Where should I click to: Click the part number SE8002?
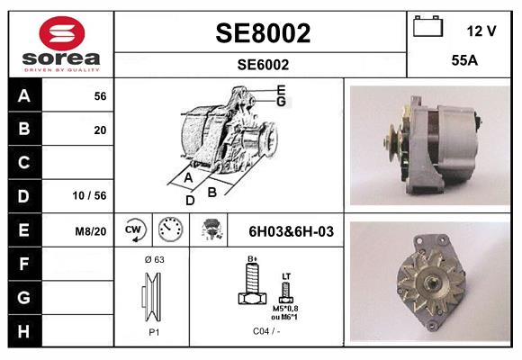[x=262, y=33]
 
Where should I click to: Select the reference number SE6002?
[x=262, y=64]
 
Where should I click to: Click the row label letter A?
[x=23, y=96]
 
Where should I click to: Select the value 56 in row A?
[x=100, y=96]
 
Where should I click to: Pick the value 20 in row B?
[x=100, y=130]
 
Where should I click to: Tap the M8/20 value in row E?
[x=92, y=231]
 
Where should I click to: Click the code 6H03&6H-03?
[x=290, y=231]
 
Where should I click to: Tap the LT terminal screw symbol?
[x=286, y=294]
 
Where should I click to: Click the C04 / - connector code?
[x=265, y=330]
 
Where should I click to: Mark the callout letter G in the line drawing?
[x=282, y=102]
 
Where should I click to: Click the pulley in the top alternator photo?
[x=390, y=142]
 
